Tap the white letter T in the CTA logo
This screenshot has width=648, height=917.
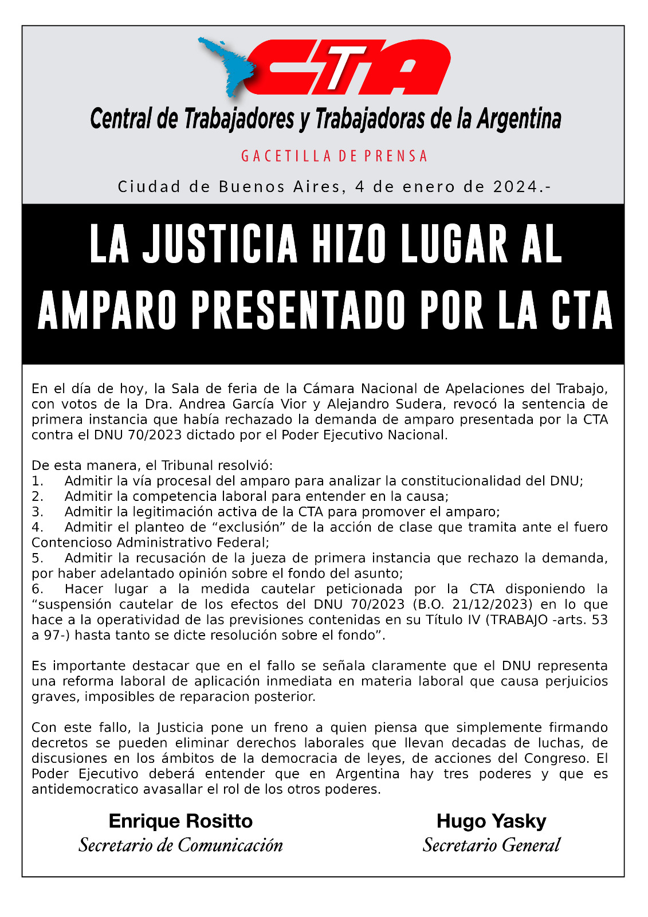click(341, 67)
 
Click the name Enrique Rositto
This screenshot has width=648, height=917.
click(180, 821)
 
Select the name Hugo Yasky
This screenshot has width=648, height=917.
click(491, 821)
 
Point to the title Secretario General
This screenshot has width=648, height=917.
click(491, 845)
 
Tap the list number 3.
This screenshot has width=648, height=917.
click(37, 512)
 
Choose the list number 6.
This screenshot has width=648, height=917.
click(37, 589)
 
